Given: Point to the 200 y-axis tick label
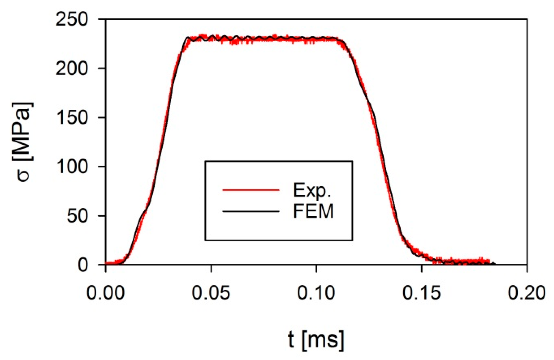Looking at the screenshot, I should click(x=72, y=69).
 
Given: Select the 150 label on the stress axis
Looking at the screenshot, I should click(x=72, y=118).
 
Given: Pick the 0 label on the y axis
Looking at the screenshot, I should click(x=83, y=265).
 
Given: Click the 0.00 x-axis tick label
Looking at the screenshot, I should click(x=105, y=293).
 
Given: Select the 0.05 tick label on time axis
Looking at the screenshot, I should click(x=211, y=293).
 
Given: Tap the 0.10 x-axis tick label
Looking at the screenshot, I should click(x=316, y=293).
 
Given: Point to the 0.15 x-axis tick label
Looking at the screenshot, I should click(x=421, y=293).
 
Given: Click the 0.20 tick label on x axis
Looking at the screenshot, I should click(x=527, y=293).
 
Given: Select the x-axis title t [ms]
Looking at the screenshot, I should click(x=316, y=340).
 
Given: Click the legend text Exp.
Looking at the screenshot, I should click(x=312, y=190).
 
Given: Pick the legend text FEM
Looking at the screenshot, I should click(x=313, y=211).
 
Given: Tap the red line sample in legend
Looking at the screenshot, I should click(x=251, y=190).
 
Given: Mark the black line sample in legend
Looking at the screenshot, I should click(x=251, y=212).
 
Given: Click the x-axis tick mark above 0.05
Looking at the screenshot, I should click(x=211, y=268).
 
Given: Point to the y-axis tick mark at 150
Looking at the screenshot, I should click(x=102, y=117).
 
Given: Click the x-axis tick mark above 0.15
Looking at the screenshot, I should click(x=422, y=268).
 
